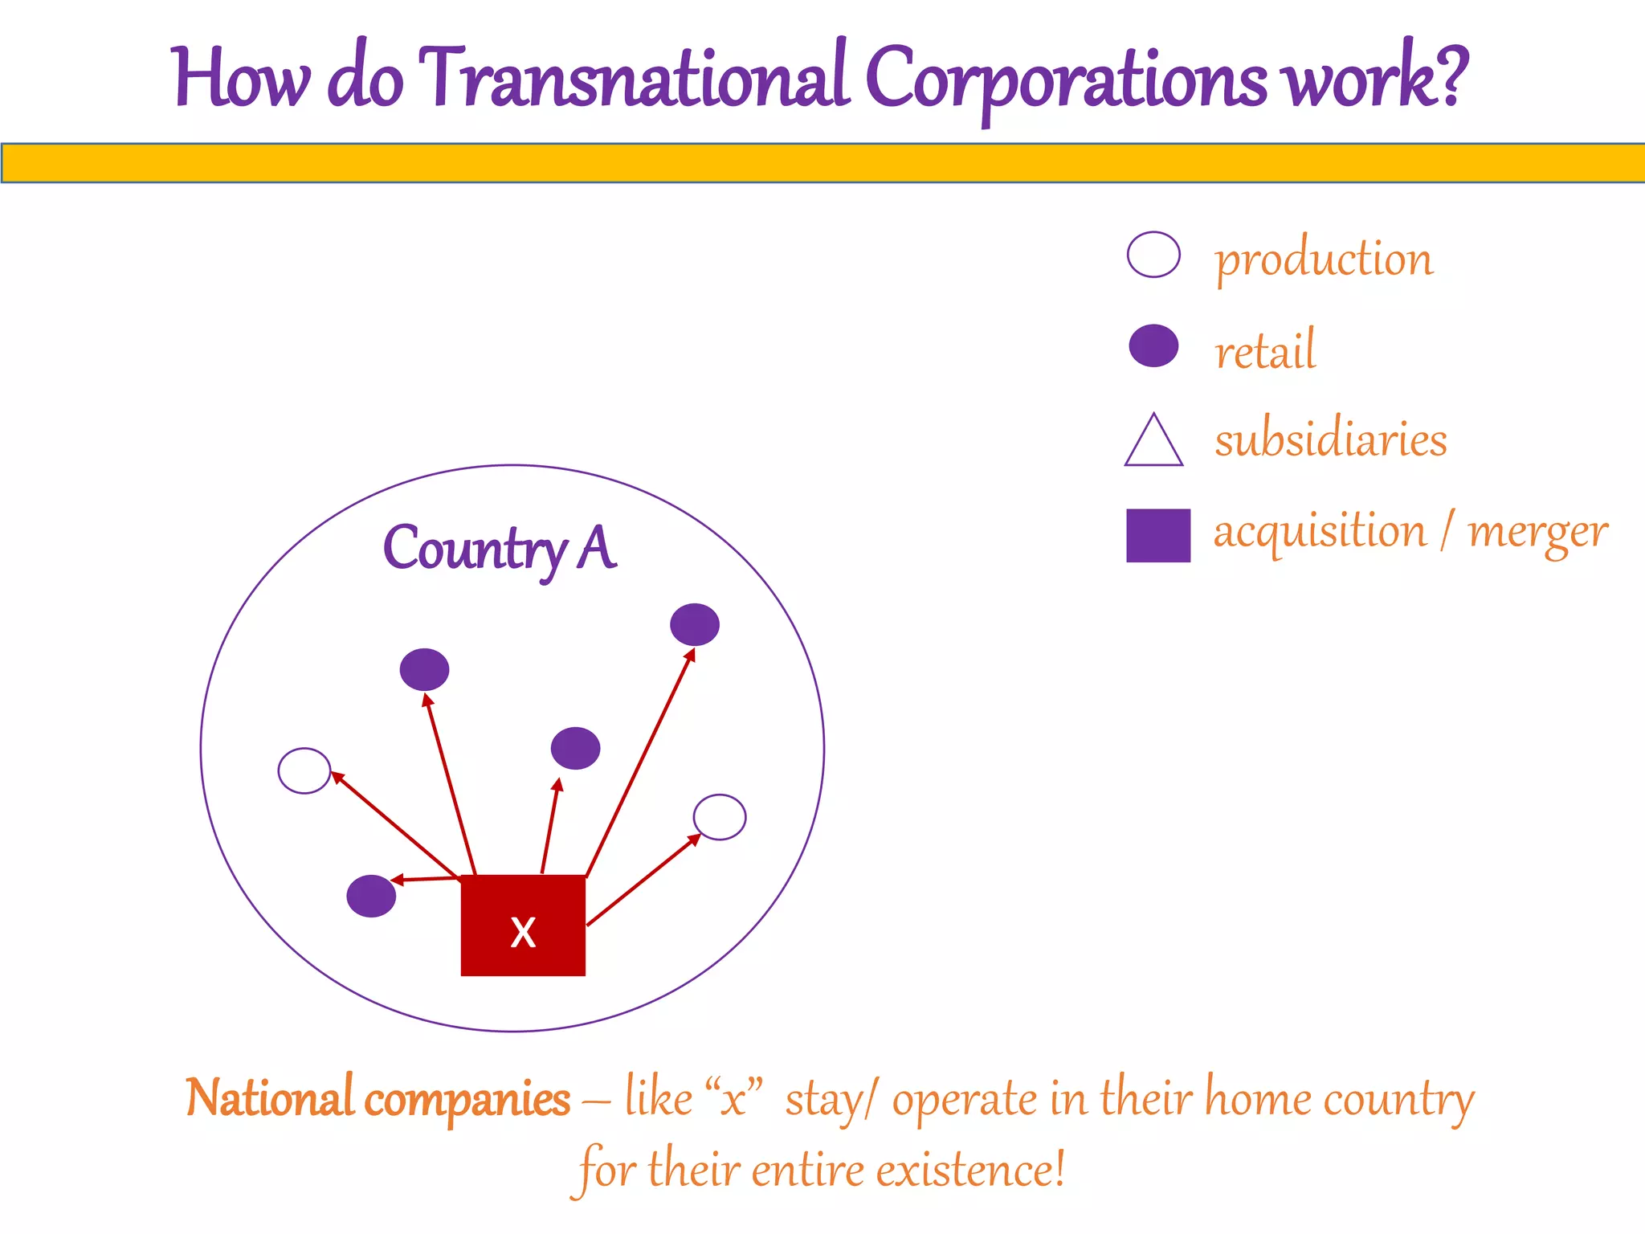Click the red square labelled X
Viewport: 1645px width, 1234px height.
pos(523,925)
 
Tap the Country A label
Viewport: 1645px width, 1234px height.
pos(500,549)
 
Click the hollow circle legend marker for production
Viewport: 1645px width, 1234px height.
pos(1153,255)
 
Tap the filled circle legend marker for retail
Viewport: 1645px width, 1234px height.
pos(1153,346)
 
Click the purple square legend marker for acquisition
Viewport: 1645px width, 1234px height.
pos(1157,535)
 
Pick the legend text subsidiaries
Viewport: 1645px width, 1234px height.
pos(1330,439)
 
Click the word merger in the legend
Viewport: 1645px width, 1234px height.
pos(1537,532)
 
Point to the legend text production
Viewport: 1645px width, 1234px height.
pos(1324,259)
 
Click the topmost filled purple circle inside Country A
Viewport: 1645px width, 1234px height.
pos(695,624)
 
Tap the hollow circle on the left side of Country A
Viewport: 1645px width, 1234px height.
pos(304,770)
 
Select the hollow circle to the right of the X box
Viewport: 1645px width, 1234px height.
pos(720,817)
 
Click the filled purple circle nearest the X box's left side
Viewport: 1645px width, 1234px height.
pos(371,896)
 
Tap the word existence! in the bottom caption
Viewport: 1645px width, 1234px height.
pos(970,1170)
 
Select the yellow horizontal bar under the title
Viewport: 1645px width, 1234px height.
pos(822,163)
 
